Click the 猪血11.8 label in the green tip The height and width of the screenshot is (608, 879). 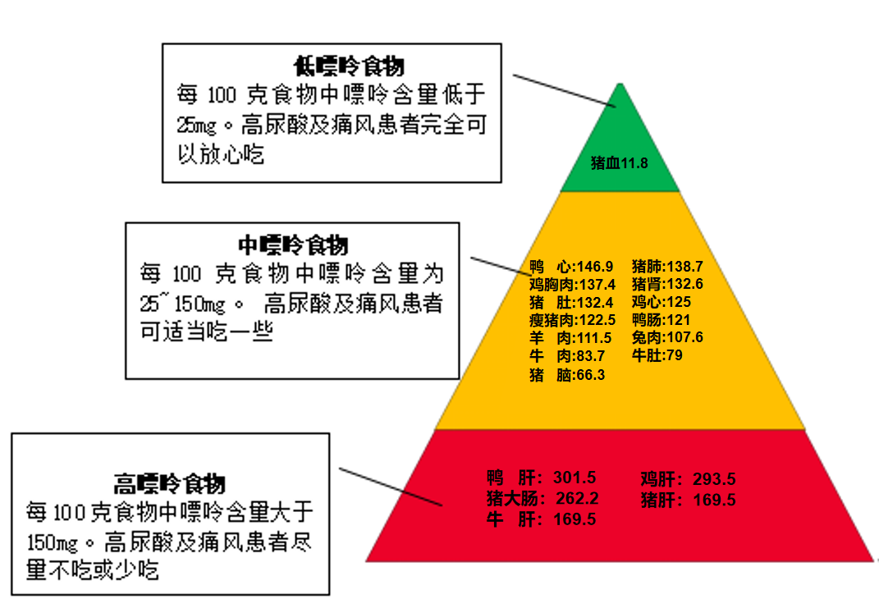point(620,163)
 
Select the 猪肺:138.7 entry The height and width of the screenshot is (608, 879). point(667,266)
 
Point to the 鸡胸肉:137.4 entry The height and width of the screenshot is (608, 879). point(572,284)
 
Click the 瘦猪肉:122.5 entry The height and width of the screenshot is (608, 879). point(572,319)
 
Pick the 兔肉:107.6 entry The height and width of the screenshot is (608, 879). point(667,337)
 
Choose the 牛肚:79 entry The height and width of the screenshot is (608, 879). point(657,355)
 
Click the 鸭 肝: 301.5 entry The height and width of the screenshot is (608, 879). point(541,478)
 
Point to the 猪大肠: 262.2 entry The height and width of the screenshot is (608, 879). point(543,499)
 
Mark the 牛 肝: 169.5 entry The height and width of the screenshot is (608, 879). point(541,519)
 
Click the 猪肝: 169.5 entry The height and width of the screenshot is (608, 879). point(688,500)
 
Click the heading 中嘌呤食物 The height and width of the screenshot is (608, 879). point(293,245)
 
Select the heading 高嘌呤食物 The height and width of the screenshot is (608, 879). point(170,482)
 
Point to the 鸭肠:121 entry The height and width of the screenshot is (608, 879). point(661,319)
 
